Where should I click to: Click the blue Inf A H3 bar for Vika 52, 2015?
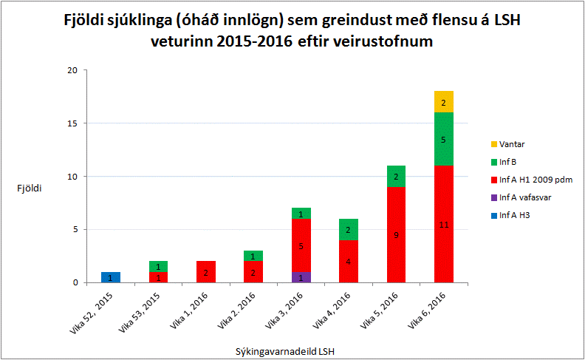(111, 277)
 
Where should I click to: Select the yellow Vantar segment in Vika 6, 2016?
(444, 102)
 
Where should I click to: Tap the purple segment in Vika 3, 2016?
(301, 277)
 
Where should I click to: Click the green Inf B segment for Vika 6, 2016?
(444, 139)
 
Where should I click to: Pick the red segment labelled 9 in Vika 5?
(396, 235)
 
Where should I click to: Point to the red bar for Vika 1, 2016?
(206, 272)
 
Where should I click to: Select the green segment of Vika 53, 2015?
(159, 266)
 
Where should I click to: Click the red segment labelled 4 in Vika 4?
(349, 261)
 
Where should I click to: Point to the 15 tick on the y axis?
(72, 123)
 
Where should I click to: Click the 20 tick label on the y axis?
(72, 70)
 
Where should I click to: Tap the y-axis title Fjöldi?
(30, 189)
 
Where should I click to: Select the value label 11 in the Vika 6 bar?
(444, 224)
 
